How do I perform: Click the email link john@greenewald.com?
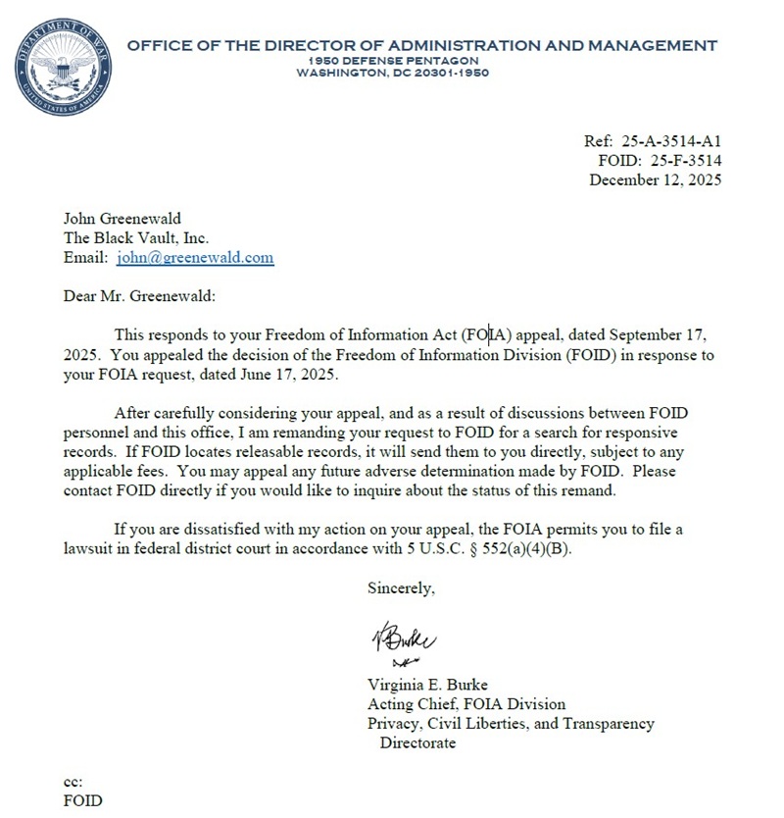click(195, 258)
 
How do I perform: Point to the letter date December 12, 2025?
click(655, 179)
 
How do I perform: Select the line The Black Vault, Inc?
click(136, 238)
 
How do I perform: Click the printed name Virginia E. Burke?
click(426, 685)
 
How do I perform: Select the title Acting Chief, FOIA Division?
click(465, 704)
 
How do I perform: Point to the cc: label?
click(73, 782)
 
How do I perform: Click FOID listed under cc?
click(82, 800)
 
